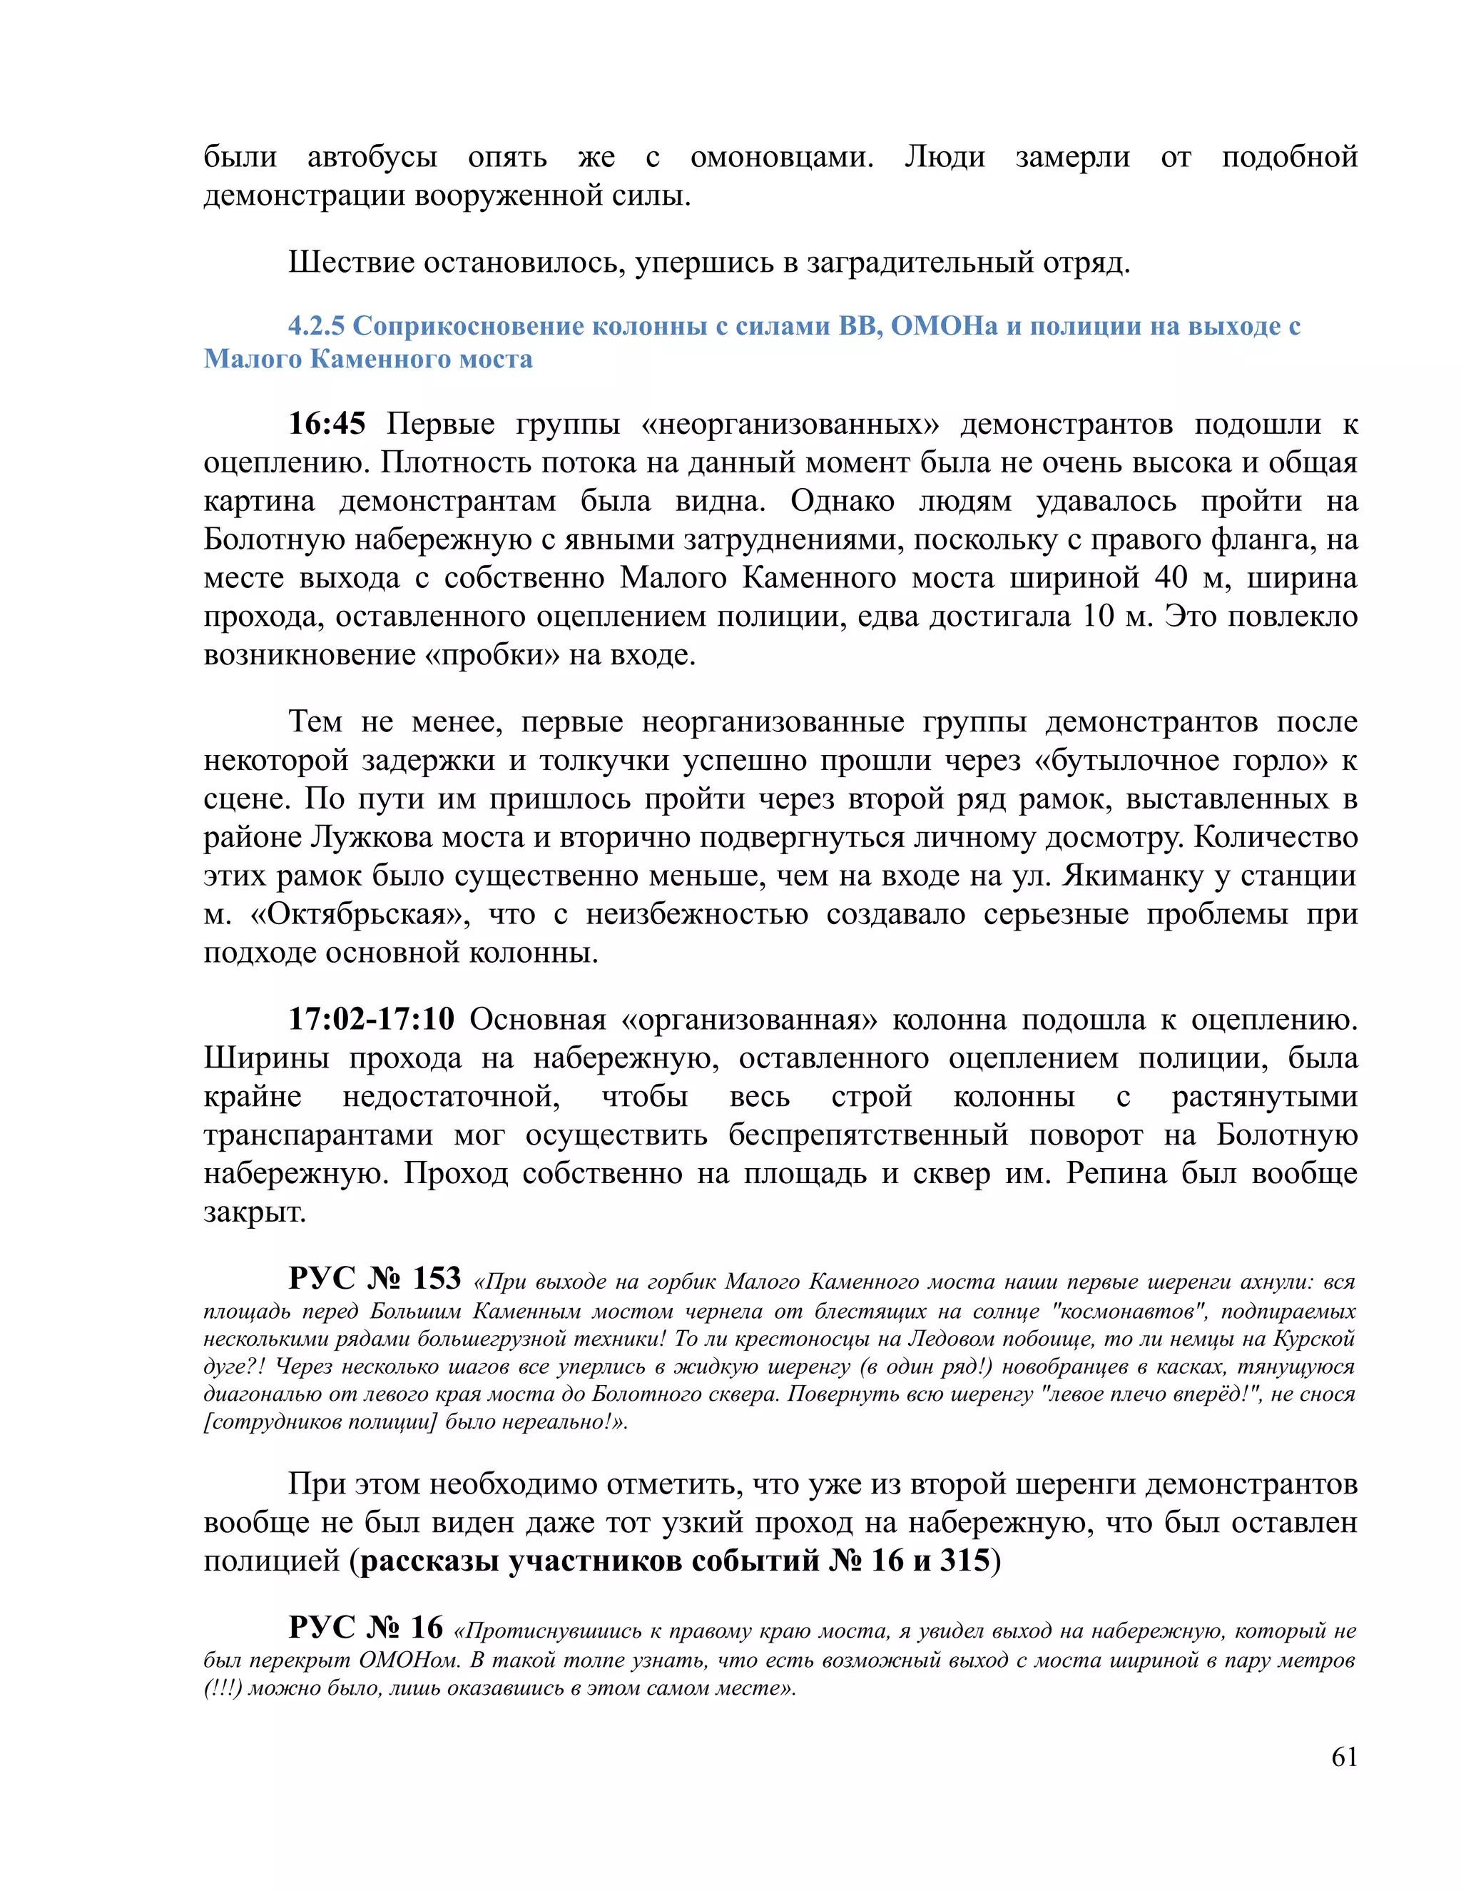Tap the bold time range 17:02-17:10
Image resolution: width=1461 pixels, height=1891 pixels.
click(x=371, y=1019)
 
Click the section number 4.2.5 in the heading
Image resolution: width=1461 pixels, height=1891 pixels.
click(x=317, y=325)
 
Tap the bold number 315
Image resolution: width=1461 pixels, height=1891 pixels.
click(x=964, y=1560)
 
